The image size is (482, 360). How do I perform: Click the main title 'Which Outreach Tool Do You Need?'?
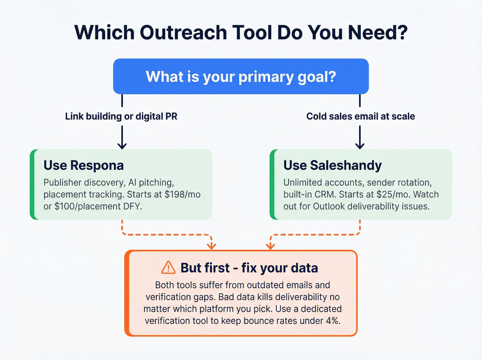[x=241, y=33]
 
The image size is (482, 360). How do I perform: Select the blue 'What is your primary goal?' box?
[x=241, y=76]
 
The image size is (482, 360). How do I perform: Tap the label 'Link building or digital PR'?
[x=121, y=116]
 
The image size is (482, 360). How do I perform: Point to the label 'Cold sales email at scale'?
[x=360, y=116]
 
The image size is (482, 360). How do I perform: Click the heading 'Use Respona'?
[x=84, y=165]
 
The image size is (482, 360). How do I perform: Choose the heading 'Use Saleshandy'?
[x=333, y=165]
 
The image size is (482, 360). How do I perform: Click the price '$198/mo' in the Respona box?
[x=182, y=195]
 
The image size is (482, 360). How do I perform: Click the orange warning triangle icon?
[x=168, y=267]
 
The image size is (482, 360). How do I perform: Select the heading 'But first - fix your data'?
[x=249, y=268]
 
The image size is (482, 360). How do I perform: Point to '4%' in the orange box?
[x=333, y=321]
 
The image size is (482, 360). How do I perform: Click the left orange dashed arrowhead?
[x=211, y=246]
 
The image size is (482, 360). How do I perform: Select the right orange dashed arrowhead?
[x=271, y=246]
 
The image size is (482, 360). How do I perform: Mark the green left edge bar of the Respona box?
[x=32, y=184]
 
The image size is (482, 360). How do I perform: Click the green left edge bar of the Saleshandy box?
[x=272, y=184]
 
